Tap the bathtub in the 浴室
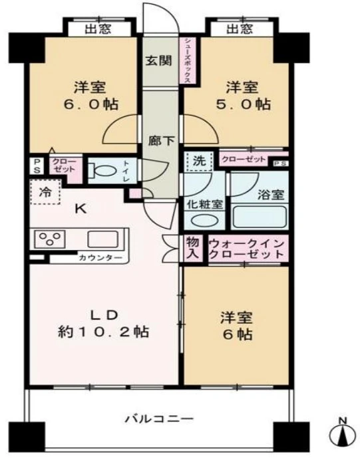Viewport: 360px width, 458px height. (x=260, y=217)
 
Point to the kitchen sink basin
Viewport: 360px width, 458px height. (x=103, y=239)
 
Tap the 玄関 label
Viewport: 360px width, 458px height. (x=159, y=60)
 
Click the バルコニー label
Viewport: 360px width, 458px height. (x=160, y=419)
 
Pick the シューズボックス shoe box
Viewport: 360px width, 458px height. (x=188, y=60)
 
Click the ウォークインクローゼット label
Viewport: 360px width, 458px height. (x=247, y=249)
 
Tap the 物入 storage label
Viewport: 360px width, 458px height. (x=193, y=247)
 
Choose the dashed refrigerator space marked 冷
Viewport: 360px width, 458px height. (x=45, y=192)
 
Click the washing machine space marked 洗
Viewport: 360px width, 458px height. (x=199, y=162)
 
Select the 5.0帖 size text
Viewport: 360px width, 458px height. (x=243, y=104)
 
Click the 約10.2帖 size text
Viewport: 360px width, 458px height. (x=104, y=332)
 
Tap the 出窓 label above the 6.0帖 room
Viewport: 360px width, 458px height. (x=98, y=29)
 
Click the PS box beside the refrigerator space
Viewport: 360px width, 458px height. (x=37, y=166)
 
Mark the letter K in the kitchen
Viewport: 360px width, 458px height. (x=81, y=209)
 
